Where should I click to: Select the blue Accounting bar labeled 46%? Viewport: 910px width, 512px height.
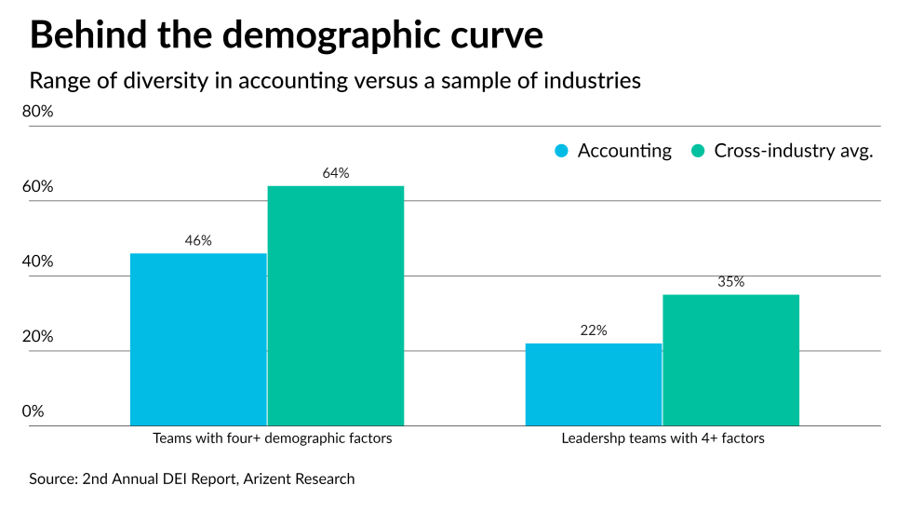(x=198, y=340)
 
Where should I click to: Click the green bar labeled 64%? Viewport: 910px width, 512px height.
(x=336, y=306)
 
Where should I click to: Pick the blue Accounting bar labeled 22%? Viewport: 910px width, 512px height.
(x=594, y=384)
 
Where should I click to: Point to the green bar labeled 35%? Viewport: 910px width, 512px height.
(x=731, y=360)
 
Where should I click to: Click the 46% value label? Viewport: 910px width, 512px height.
(x=198, y=240)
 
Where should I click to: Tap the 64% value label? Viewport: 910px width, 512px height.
(x=336, y=173)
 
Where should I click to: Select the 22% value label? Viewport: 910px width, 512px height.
(x=594, y=330)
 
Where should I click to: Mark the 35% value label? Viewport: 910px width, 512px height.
(x=731, y=282)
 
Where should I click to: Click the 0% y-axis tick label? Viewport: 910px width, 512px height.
(x=33, y=411)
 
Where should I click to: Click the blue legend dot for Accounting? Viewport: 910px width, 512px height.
(x=561, y=151)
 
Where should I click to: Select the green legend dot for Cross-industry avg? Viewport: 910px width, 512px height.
(x=697, y=151)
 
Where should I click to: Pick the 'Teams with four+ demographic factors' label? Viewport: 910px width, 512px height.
(x=273, y=438)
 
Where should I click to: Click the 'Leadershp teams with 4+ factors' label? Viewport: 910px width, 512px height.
(x=663, y=438)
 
